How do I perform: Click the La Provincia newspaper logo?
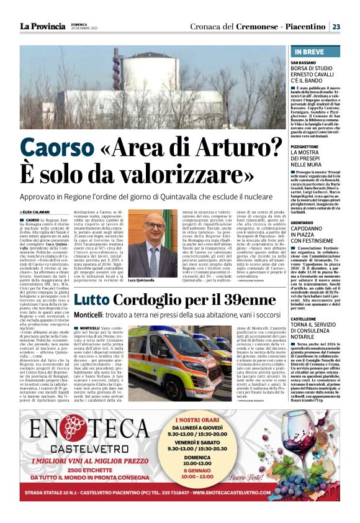click(x=42, y=27)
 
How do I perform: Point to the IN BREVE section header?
click(x=312, y=51)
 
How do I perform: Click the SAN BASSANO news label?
click(x=305, y=63)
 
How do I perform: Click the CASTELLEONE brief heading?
click(x=308, y=318)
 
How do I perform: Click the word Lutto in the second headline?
click(x=94, y=301)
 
